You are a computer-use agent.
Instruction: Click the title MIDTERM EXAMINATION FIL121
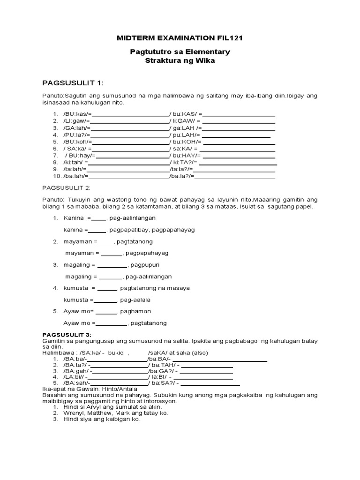pos(180,37)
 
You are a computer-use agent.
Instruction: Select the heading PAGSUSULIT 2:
pos(66,187)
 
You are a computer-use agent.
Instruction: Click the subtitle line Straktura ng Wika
pos(180,61)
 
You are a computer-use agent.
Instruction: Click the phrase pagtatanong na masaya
pos(155,288)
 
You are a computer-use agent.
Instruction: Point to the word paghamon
pos(134,311)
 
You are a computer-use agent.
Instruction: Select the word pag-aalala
pos(135,300)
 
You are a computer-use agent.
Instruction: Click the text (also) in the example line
pos(199,352)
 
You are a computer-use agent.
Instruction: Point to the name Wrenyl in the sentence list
pos(74,413)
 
